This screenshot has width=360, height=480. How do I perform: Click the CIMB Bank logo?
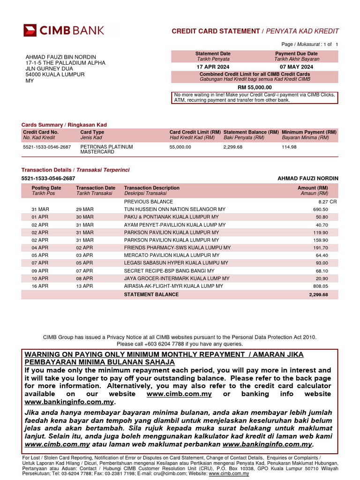click(x=64, y=31)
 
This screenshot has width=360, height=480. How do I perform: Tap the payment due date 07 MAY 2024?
click(x=296, y=67)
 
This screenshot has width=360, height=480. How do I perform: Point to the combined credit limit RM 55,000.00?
click(x=255, y=87)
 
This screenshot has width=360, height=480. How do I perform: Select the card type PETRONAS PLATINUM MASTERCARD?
click(x=106, y=150)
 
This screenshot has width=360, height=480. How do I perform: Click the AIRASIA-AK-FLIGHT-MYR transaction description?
click(x=176, y=286)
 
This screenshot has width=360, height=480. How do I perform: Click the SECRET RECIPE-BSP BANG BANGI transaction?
click(x=169, y=271)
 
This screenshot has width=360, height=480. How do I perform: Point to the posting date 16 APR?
click(x=40, y=286)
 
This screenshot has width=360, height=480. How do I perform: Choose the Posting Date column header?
click(x=46, y=188)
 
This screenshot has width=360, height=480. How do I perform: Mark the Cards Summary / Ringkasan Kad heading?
click(x=64, y=125)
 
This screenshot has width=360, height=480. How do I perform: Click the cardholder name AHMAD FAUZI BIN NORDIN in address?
click(x=60, y=57)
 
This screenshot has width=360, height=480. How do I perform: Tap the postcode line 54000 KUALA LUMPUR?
click(x=55, y=75)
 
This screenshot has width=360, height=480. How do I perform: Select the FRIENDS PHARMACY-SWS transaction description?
click(x=177, y=247)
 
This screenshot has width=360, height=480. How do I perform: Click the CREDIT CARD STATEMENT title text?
click(x=216, y=31)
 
